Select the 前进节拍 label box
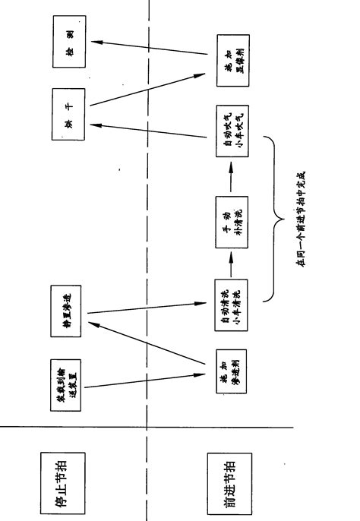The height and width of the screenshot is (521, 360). click(228, 475)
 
